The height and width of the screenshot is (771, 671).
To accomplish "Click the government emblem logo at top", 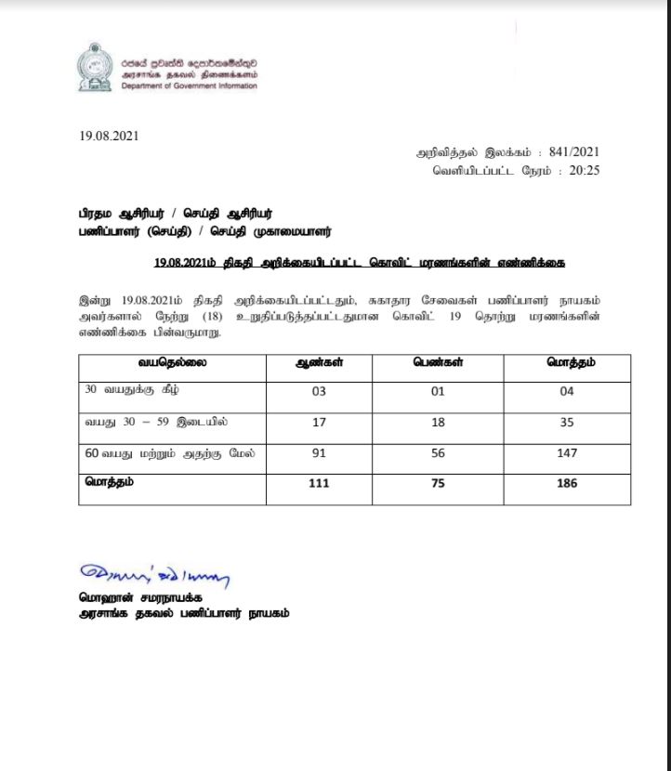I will [x=97, y=66].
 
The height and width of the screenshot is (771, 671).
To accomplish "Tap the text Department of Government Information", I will [x=189, y=85].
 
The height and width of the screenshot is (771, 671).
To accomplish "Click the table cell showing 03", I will [x=319, y=391].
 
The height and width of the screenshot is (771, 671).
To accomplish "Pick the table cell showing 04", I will [x=568, y=391].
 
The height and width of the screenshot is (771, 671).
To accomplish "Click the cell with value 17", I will [x=319, y=423].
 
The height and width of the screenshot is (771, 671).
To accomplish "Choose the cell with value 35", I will [x=568, y=423].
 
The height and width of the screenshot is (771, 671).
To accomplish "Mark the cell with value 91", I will [x=319, y=453].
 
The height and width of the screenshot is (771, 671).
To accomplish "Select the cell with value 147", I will [x=568, y=453].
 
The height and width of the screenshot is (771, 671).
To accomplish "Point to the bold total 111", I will [x=319, y=483].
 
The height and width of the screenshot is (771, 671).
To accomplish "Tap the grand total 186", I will [x=568, y=483].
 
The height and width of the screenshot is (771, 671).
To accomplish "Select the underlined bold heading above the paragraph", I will [x=362, y=263].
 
